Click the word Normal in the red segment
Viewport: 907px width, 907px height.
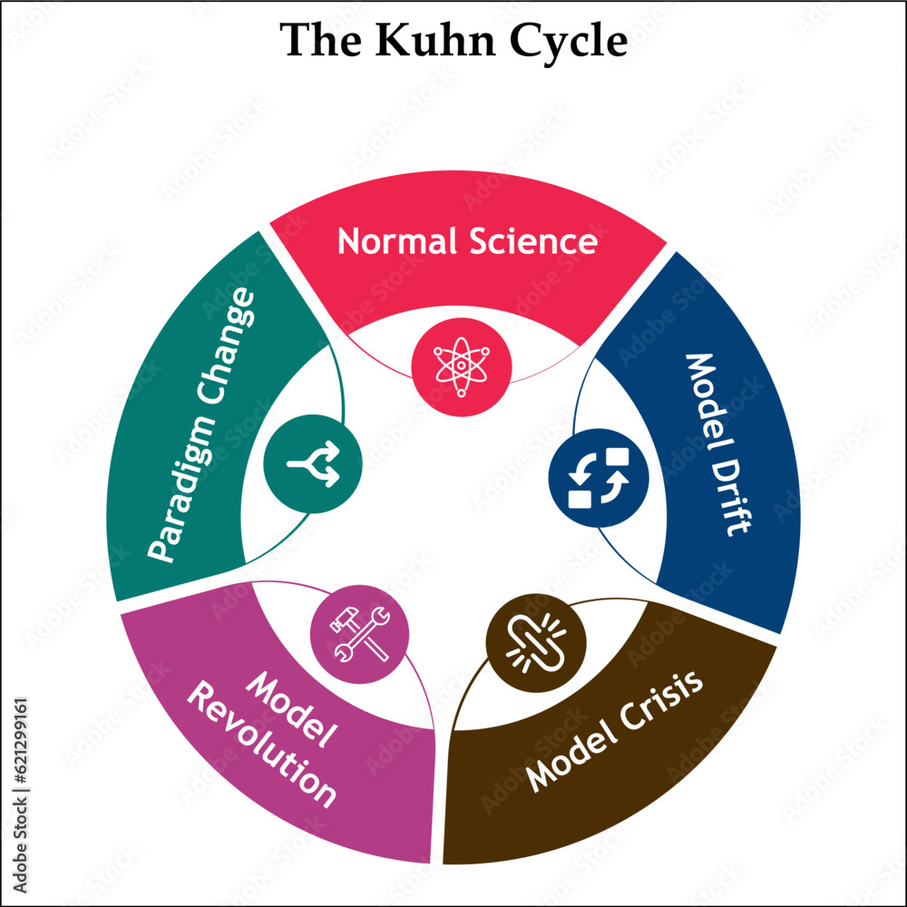click(x=396, y=241)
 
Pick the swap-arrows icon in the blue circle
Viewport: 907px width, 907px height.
click(x=599, y=478)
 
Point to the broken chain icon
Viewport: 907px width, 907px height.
click(x=535, y=641)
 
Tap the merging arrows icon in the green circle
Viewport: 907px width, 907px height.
click(x=313, y=464)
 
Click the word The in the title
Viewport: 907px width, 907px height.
click(x=321, y=40)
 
